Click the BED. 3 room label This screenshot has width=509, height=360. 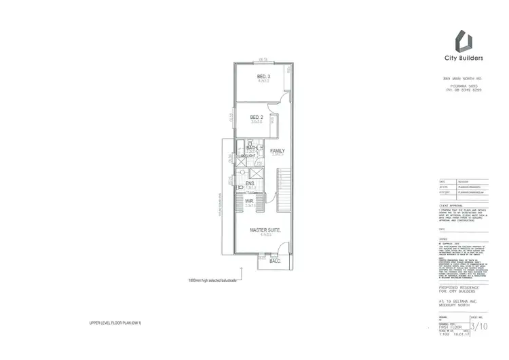(x=263, y=75)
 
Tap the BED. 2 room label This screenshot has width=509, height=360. (x=256, y=117)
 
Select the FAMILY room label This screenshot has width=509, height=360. (x=278, y=150)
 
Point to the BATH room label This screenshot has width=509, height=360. (x=252, y=147)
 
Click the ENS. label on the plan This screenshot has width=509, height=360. (x=250, y=183)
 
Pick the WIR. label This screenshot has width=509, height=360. (x=249, y=200)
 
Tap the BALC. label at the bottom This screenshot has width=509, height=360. (x=275, y=260)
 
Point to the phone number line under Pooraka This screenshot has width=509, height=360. (x=468, y=90)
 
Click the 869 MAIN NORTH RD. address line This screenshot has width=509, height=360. (x=468, y=80)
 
